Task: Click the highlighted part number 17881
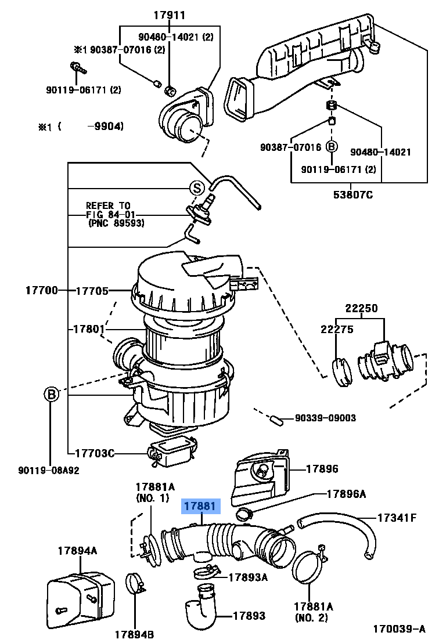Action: (x=200, y=507)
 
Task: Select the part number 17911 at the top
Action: (x=170, y=16)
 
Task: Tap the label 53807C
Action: (x=353, y=194)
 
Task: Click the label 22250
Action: (x=362, y=308)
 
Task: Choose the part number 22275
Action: (x=337, y=329)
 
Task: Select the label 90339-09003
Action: (x=325, y=418)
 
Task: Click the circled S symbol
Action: (x=197, y=187)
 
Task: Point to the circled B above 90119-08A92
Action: (x=52, y=395)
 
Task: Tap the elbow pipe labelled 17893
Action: (x=200, y=612)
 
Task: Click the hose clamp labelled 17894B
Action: (x=135, y=584)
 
